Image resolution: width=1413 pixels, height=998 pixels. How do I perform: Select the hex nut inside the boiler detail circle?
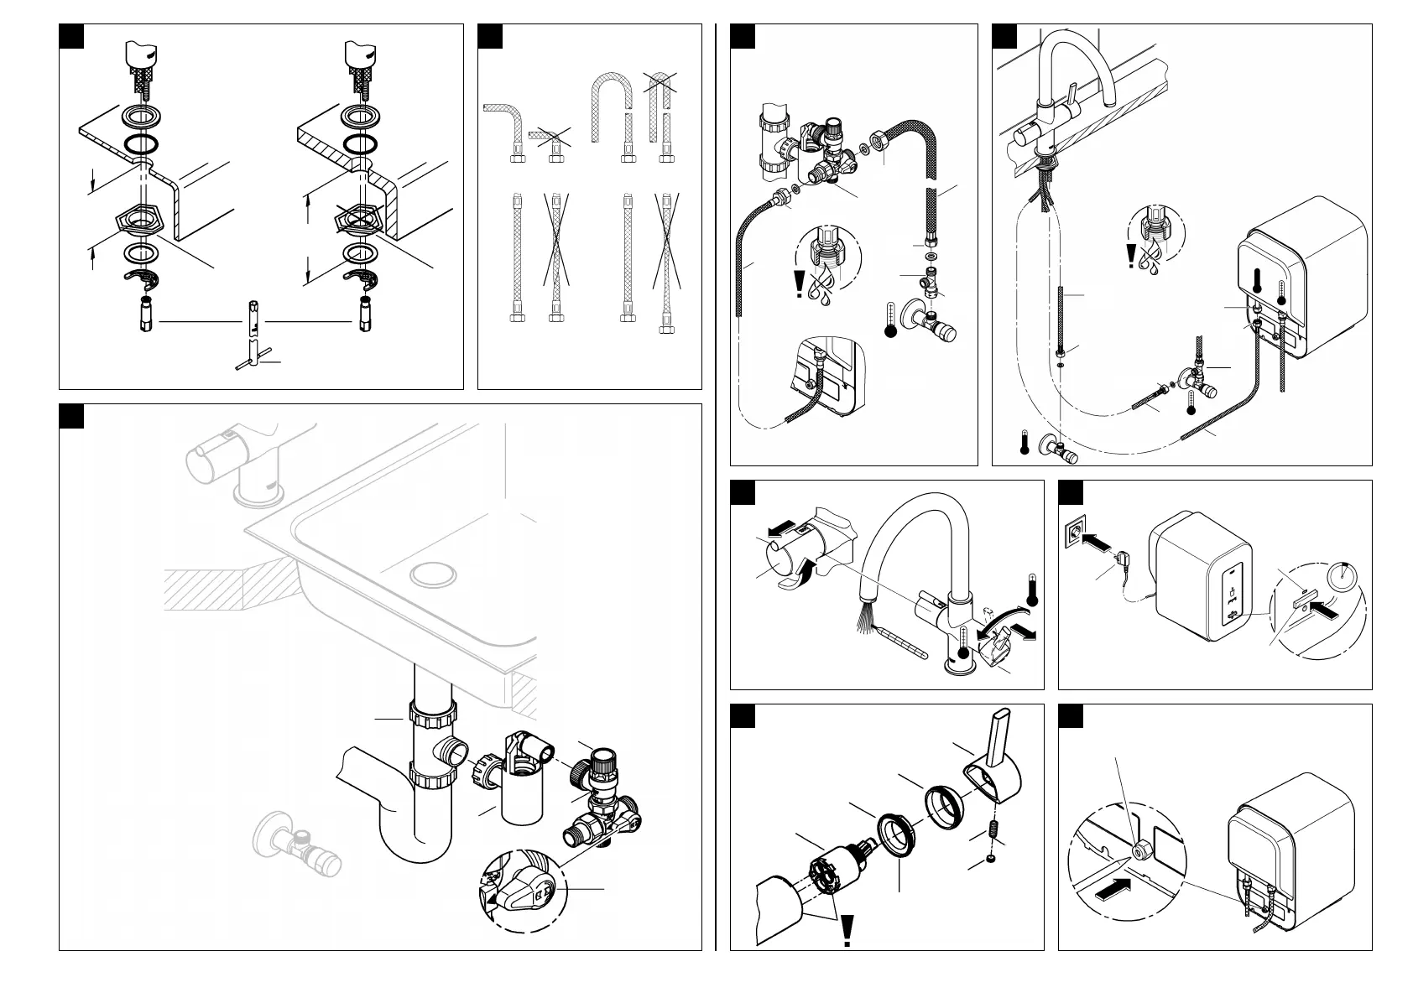coord(1141,848)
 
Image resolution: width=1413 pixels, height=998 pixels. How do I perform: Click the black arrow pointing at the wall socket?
coord(1098,543)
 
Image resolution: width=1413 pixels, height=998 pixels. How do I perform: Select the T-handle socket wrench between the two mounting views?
coord(253,335)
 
